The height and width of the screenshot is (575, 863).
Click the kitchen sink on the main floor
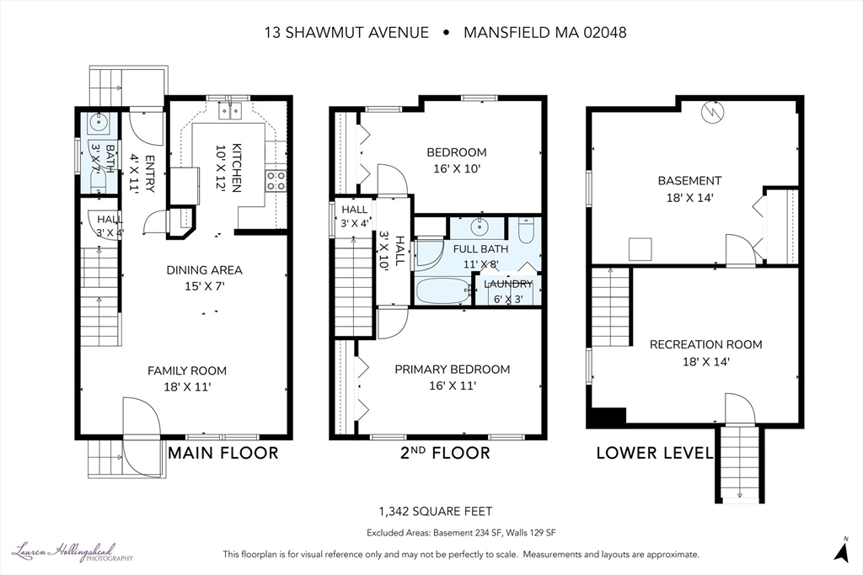tap(230, 110)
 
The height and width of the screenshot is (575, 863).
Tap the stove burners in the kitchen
tap(276, 180)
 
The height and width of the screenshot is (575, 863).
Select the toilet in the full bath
tap(526, 231)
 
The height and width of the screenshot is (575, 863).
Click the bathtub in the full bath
tap(443, 290)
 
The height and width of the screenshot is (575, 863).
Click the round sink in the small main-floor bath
tap(99, 123)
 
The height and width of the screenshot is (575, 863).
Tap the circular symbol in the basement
tap(713, 114)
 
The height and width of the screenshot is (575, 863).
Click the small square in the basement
tap(641, 249)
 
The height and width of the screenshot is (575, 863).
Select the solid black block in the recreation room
tap(607, 416)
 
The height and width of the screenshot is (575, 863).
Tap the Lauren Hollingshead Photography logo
tap(72, 552)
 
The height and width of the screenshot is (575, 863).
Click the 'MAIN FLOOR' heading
tap(222, 453)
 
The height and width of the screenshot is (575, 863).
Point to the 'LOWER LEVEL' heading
tap(655, 453)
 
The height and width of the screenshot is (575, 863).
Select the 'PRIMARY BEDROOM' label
tap(453, 370)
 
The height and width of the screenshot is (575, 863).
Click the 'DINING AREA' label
tap(204, 270)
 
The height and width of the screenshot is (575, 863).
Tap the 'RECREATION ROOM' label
tap(706, 344)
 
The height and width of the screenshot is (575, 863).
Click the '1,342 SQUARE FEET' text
tap(436, 512)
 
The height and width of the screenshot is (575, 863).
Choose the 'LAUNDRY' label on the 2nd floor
tap(508, 285)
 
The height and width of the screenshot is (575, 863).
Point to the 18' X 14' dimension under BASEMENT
tap(689, 198)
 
